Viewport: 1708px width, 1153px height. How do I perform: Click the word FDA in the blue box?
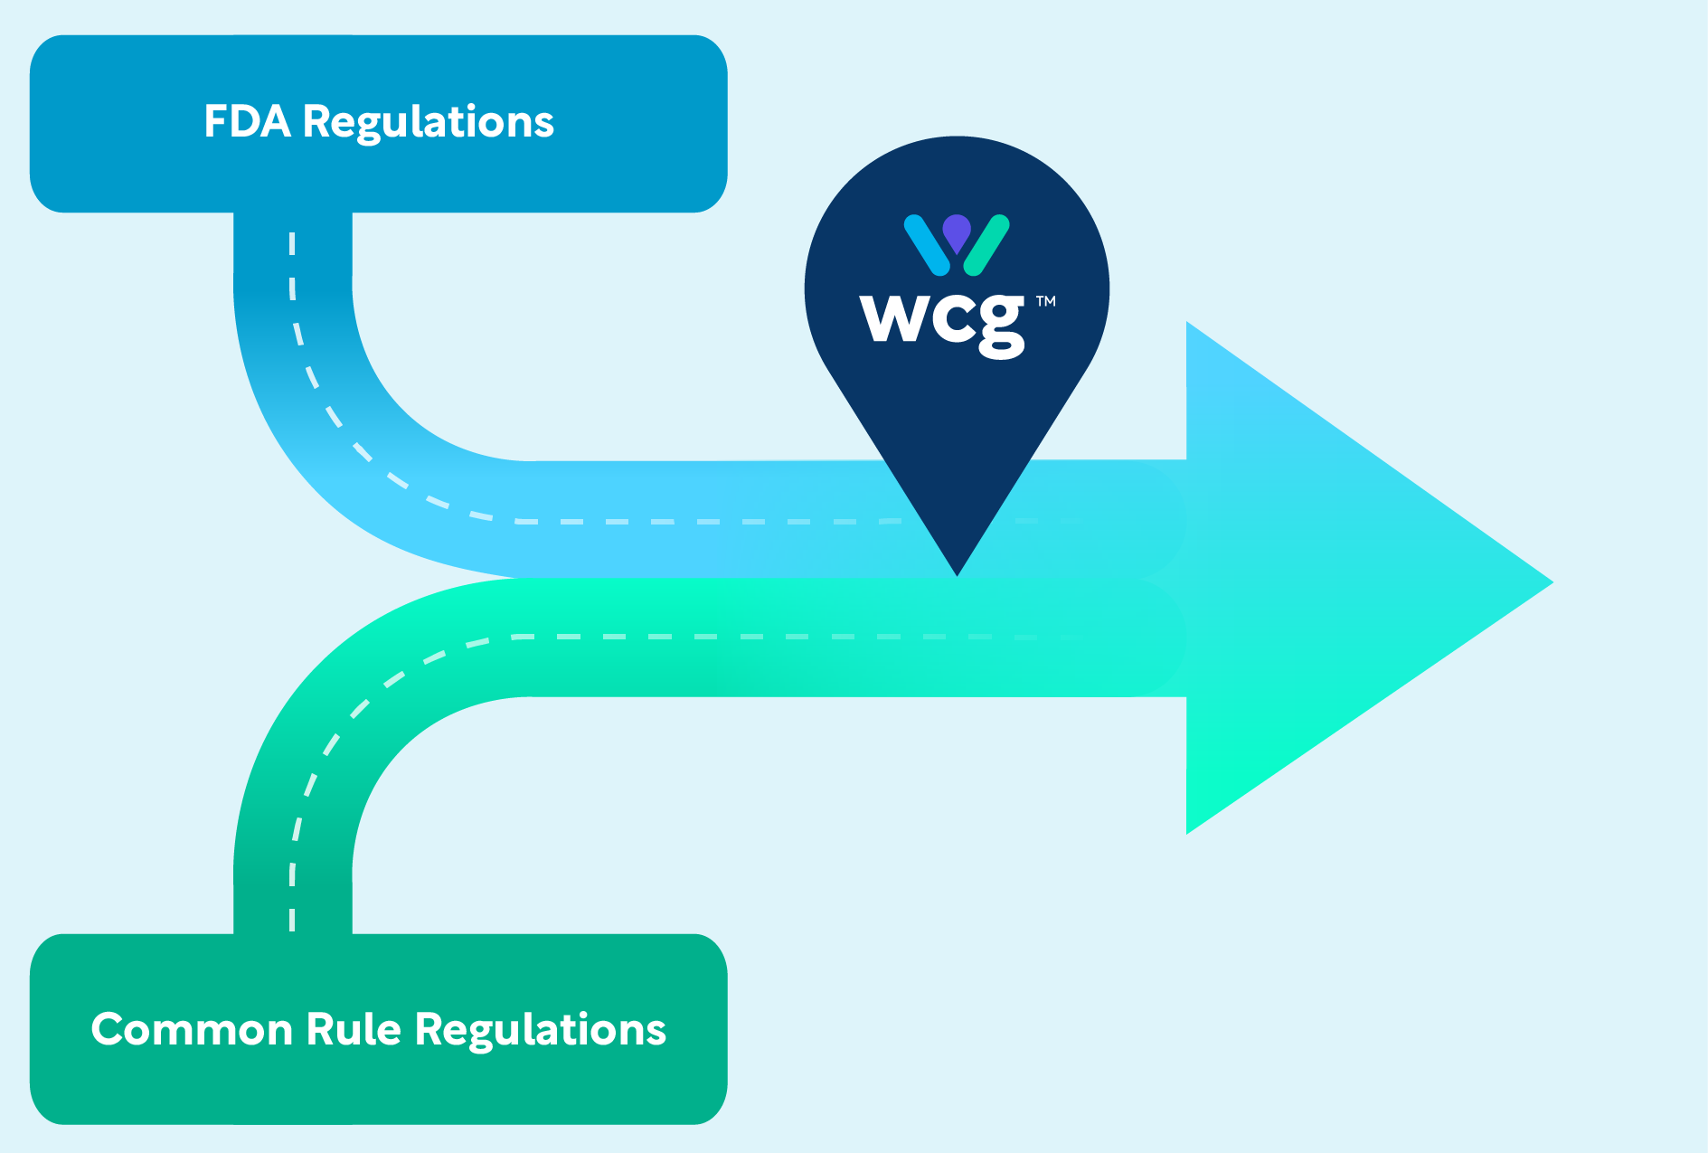(247, 122)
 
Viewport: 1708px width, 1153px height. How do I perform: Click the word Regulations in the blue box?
(428, 122)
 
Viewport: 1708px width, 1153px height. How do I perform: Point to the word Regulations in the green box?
(541, 1030)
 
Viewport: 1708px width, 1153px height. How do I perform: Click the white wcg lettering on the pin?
(943, 322)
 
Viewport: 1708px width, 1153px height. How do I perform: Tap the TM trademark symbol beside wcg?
(1046, 301)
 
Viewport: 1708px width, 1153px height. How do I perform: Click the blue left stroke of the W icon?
(927, 244)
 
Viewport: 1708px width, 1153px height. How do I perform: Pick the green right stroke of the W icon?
(986, 244)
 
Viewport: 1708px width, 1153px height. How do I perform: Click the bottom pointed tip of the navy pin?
(957, 572)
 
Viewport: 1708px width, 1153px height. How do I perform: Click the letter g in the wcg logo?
(1002, 326)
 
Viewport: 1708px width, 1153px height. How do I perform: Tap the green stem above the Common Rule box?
(293, 904)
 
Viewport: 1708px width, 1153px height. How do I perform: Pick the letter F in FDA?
(215, 122)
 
